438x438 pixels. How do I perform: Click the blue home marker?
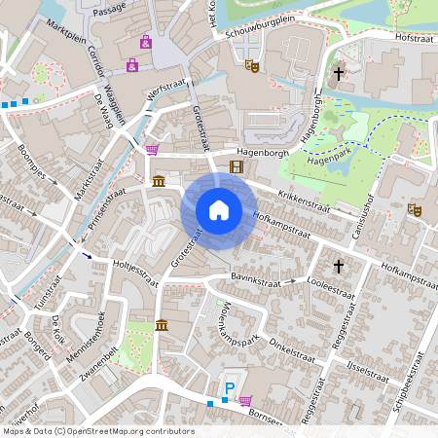tap(219, 210)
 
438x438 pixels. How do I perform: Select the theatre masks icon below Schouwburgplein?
tap(250, 66)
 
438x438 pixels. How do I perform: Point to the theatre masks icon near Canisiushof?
tap(414, 208)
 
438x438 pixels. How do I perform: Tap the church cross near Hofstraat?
tap(340, 73)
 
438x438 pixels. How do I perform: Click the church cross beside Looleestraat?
tap(340, 265)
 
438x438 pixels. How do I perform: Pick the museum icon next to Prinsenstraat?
tap(159, 182)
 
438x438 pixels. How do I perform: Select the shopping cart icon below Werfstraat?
tap(152, 150)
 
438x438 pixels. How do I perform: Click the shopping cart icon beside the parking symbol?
tap(245, 400)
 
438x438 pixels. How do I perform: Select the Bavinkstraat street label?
tap(255, 277)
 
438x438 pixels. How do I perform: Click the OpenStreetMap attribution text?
tap(98, 431)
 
